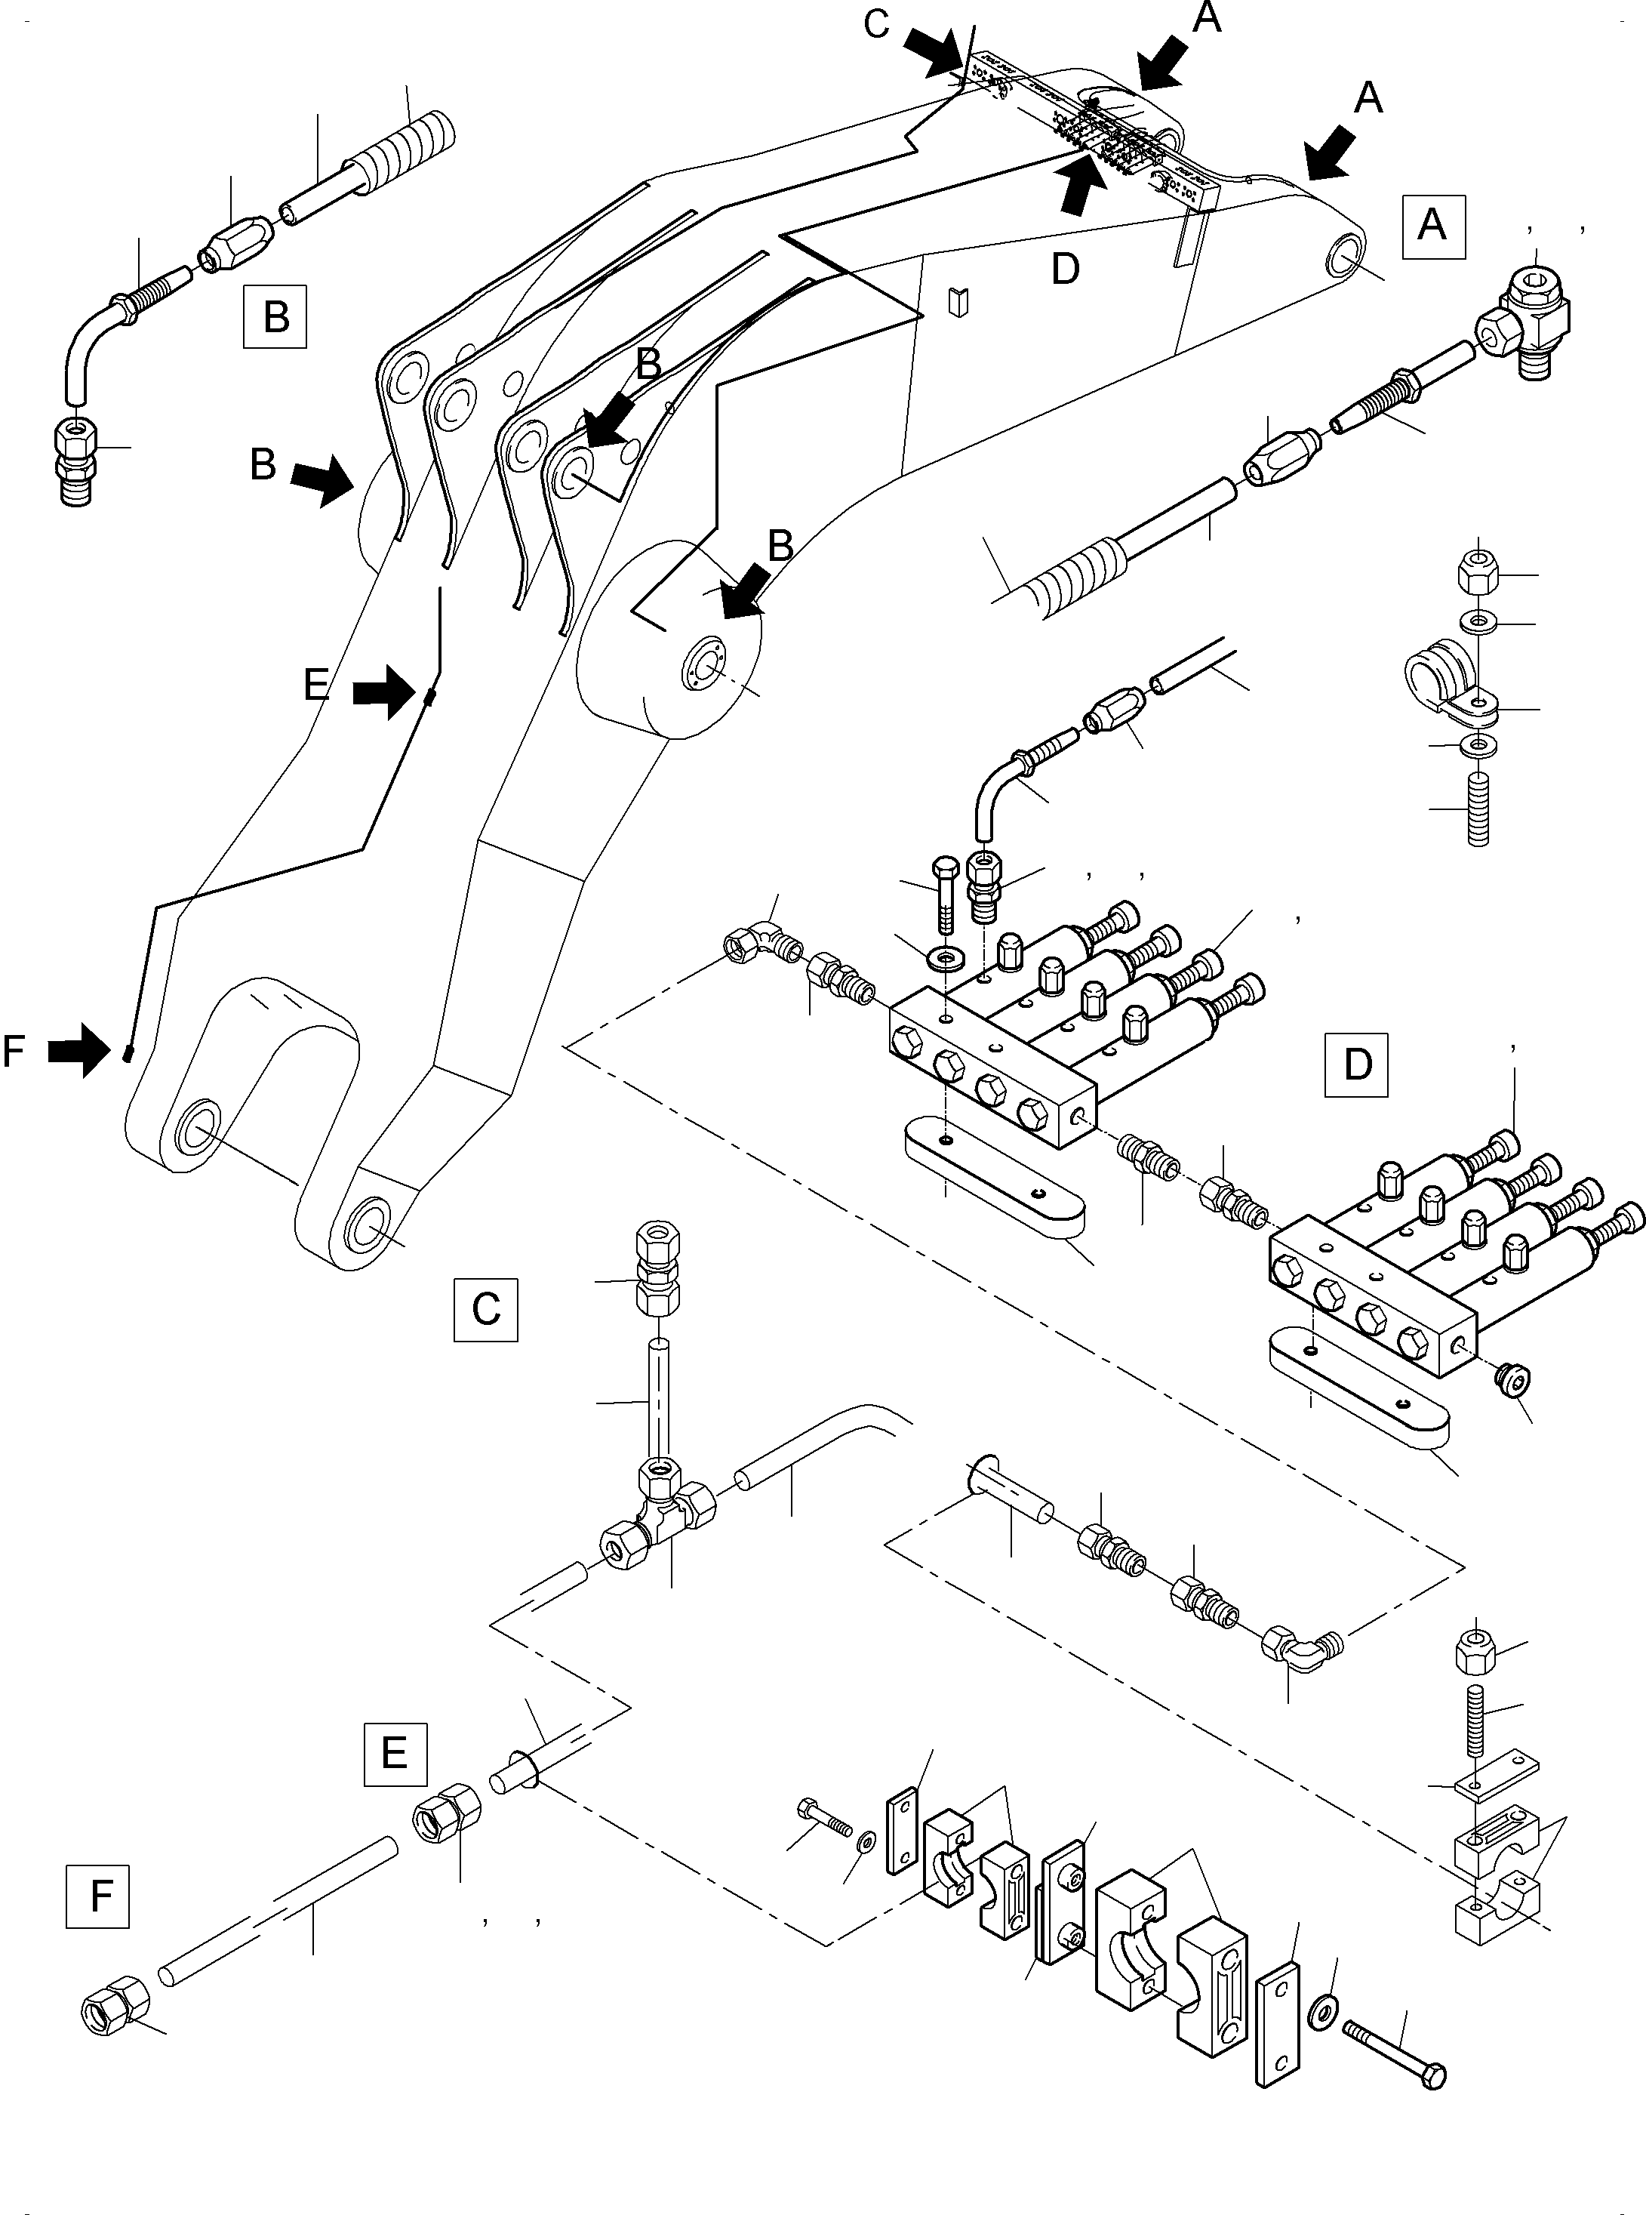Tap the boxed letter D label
(1356, 1064)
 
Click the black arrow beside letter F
(80, 1050)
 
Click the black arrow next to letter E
(386, 691)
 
